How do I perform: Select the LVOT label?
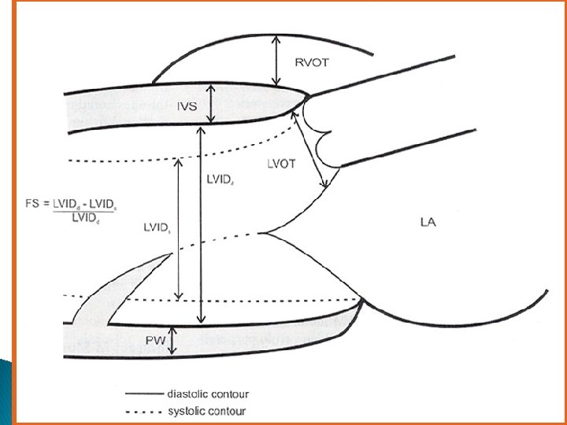(x=280, y=164)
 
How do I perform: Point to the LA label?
(x=428, y=223)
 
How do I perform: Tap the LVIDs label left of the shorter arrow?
(x=157, y=228)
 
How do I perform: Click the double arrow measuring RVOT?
(x=276, y=61)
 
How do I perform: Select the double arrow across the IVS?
(x=209, y=104)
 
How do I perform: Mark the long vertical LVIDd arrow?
(x=202, y=224)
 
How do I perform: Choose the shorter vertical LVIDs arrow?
(x=180, y=228)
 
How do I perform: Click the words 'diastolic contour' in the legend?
(x=208, y=394)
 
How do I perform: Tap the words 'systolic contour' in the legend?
(x=206, y=411)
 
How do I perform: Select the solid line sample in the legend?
(x=143, y=394)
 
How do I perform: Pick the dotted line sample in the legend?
(x=143, y=411)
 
